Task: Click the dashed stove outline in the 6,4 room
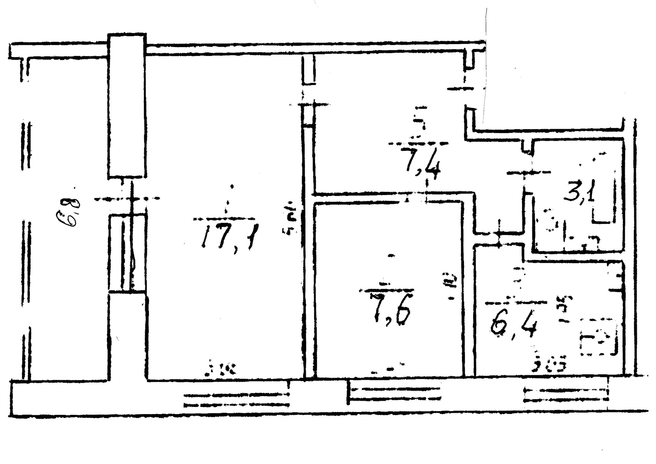599,337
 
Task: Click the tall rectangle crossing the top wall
127,106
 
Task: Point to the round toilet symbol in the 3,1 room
549,220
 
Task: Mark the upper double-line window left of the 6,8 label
26,146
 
